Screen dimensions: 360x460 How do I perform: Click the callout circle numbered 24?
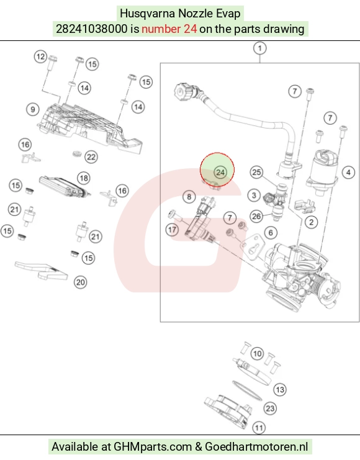220,173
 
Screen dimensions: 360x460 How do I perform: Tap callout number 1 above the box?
259,48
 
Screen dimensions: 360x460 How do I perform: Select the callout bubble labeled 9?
33,109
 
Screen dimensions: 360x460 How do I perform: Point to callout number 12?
41,56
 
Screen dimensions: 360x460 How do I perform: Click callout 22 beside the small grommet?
91,157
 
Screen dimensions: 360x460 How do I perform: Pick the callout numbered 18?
84,178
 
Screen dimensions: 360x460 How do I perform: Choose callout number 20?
81,282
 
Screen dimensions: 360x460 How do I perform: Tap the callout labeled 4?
349,172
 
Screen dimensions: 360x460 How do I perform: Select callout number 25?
257,172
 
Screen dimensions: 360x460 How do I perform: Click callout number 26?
256,217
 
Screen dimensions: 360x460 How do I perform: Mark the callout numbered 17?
172,230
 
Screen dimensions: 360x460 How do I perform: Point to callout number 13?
280,390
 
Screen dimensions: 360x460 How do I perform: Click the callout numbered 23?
270,408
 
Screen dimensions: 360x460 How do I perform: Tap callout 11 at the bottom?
259,428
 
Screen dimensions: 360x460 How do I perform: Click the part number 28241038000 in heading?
92,29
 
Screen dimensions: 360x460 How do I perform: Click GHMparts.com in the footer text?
153,447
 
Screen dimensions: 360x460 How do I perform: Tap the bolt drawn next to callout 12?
52,63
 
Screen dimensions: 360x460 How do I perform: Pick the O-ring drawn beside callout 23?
247,390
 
